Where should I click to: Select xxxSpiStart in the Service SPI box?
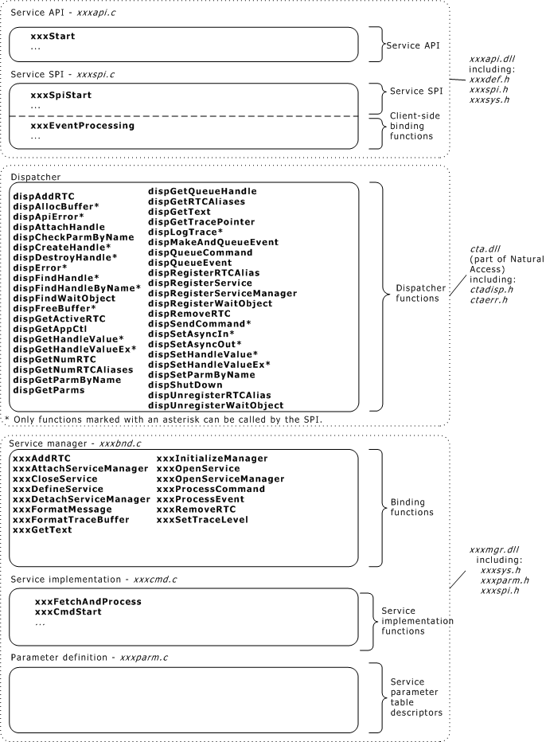tap(60, 95)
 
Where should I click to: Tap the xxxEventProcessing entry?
tap(82, 126)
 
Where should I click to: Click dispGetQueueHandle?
tap(202, 191)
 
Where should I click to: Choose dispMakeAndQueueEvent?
tap(213, 243)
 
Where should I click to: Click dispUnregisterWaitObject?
tap(216, 405)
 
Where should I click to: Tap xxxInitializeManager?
tap(212, 459)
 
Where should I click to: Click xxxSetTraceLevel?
tap(202, 520)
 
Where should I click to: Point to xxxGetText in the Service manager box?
tap(42, 530)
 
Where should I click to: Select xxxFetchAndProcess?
tap(88, 601)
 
